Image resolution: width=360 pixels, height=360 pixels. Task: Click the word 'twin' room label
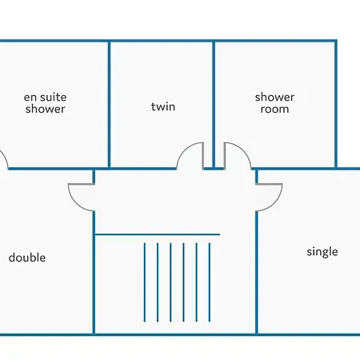tap(163, 106)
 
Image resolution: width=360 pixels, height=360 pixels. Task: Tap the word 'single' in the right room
tap(322, 252)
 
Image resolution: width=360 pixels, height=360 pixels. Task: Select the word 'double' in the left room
tap(27, 258)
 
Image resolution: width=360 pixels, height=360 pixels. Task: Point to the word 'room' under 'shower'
tap(274, 109)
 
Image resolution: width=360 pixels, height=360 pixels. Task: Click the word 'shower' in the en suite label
tap(45, 109)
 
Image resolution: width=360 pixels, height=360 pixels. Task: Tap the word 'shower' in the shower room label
tap(274, 97)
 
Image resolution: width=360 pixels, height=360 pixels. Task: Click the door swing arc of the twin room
tap(185, 150)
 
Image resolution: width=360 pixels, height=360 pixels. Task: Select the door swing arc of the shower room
tap(243, 150)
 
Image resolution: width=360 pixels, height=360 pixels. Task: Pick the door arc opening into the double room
tap(76, 203)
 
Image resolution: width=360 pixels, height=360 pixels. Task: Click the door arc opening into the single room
tap(274, 203)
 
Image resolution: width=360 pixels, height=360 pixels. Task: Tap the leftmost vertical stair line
tap(145, 282)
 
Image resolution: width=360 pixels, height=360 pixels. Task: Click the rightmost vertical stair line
tap(210, 282)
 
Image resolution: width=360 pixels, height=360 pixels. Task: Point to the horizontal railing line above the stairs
tap(158, 234)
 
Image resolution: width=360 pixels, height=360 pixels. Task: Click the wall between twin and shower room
tap(214, 105)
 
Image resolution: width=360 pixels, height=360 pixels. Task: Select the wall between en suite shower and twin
tap(109, 105)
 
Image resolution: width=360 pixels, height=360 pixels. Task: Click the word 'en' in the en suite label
tap(30, 98)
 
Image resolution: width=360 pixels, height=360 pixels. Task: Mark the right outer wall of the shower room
tap(336, 104)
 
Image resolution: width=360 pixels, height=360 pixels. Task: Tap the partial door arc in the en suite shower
tap(5, 158)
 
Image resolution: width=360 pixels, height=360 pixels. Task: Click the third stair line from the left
tap(170, 282)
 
